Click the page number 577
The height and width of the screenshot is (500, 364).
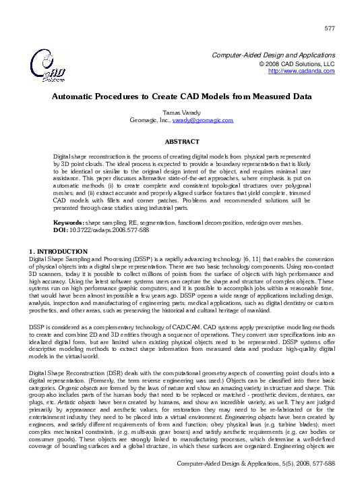(x=330, y=28)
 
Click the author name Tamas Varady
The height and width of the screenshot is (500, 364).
(x=182, y=112)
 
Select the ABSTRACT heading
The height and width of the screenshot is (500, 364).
(x=182, y=141)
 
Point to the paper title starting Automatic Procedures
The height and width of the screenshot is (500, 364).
(x=182, y=96)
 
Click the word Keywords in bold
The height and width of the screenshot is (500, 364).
(x=68, y=222)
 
